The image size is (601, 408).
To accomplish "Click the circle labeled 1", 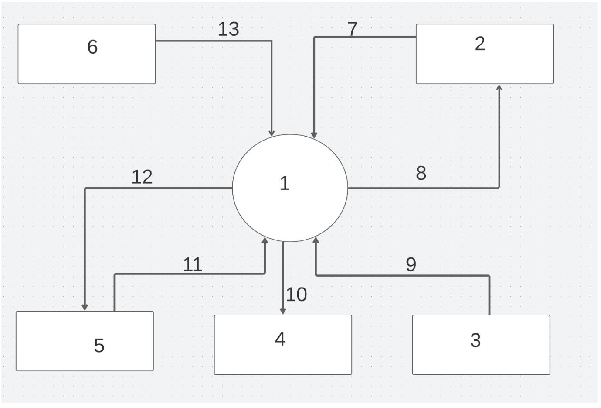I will coord(290,188).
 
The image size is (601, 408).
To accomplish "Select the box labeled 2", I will coord(485,54).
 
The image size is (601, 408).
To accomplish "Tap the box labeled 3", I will coord(481,345).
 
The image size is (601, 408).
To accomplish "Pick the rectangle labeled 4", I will coord(282,345).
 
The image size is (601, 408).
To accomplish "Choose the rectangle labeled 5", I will coord(85,341).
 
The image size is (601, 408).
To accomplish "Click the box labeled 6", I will coord(86,54).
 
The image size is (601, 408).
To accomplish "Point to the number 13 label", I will coord(228,29).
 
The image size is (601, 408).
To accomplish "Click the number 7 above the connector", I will coord(353,29).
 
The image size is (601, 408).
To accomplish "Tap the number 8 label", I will coord(421,173).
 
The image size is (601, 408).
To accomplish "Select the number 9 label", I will coord(411,264).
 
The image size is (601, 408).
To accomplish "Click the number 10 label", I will coord(296,295).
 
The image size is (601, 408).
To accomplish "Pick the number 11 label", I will coord(192,265).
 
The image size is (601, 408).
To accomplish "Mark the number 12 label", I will coord(142,177).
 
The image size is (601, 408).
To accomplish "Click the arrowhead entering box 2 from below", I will coord(499,88).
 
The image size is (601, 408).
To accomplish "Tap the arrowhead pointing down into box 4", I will coord(283,311).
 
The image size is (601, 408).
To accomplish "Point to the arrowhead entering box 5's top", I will coord(85,307).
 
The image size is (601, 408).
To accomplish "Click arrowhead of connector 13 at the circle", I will coord(272,133).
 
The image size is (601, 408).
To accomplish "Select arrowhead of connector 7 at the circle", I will coord(314,136).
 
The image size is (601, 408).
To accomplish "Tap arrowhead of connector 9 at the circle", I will coord(316,240).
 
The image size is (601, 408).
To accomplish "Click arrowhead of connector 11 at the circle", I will coord(265,240).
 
